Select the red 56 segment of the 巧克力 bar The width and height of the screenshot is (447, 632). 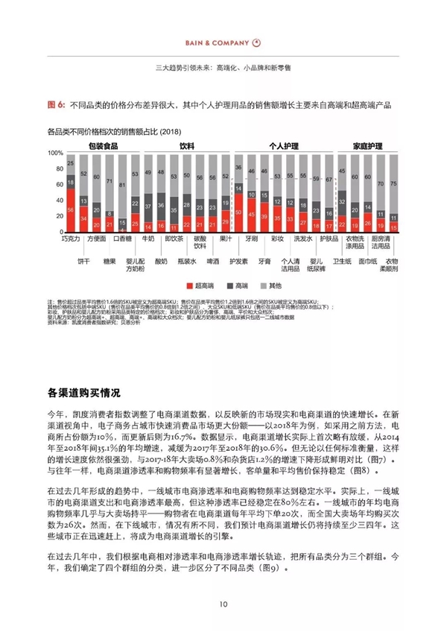pyautogui.click(x=70, y=211)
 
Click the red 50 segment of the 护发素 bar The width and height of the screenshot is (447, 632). pyautogui.click(x=239, y=213)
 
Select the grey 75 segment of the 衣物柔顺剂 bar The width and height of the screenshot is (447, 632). pyautogui.click(x=393, y=182)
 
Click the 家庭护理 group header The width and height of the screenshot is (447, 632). pyautogui.click(x=367, y=145)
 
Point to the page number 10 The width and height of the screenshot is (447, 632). pyautogui.click(x=223, y=604)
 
